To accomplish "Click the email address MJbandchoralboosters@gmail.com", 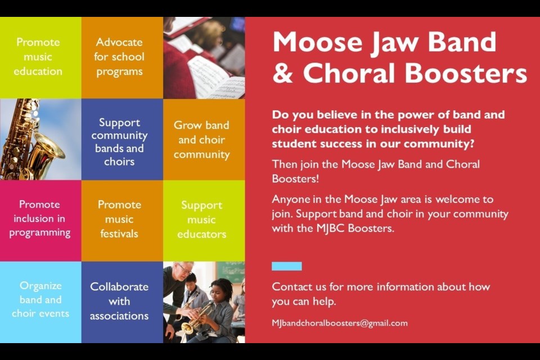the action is click(340, 323).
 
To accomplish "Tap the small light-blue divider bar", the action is click(286, 266).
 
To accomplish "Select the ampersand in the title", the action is click(282, 73).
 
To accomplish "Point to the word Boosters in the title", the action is click(466, 73).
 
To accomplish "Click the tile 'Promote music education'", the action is click(40, 57).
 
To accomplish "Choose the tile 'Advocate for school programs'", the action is click(122, 57).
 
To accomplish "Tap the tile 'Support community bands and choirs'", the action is click(122, 139).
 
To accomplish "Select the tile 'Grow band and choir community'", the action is click(204, 139).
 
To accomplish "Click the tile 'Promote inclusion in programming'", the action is click(40, 220).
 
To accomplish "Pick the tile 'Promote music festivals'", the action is click(122, 220).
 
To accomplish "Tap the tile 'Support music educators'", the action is click(204, 220).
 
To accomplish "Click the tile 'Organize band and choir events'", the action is click(40, 302).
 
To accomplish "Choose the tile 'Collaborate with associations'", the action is click(122, 302).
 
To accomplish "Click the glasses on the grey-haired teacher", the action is click(185, 269).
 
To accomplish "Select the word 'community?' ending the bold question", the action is click(438, 144).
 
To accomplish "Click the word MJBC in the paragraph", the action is click(330, 228).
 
